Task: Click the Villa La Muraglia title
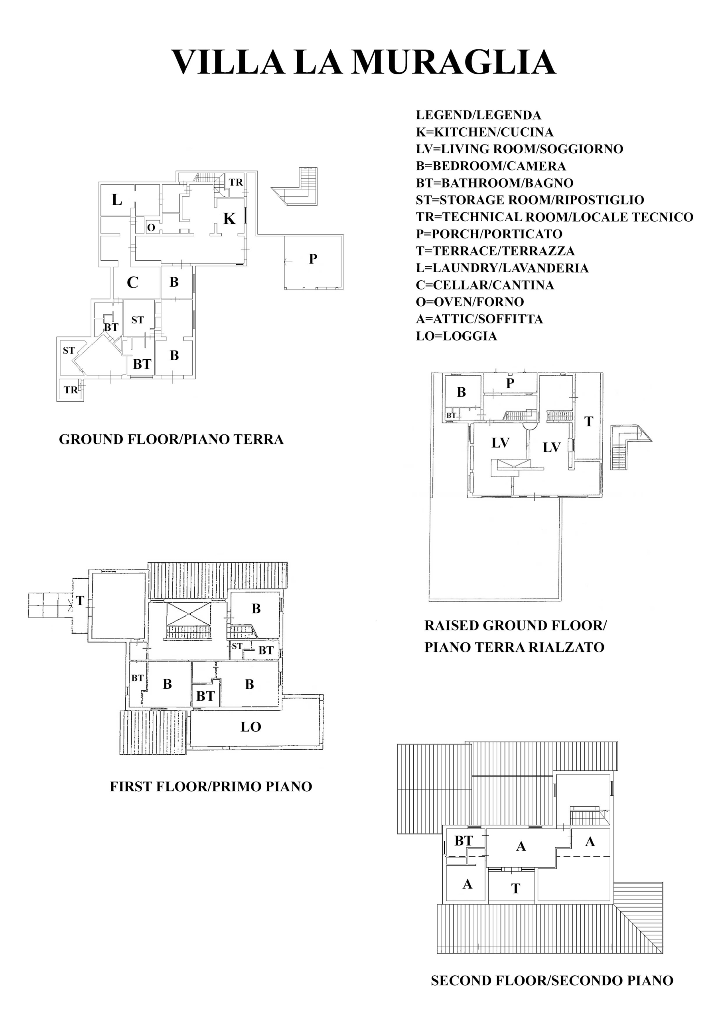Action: pyautogui.click(x=363, y=61)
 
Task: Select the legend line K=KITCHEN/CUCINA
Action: pyautogui.click(x=484, y=132)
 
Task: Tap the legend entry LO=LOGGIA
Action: pyautogui.click(x=456, y=336)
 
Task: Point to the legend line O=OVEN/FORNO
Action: pyautogui.click(x=470, y=302)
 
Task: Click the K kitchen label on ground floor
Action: pyautogui.click(x=229, y=218)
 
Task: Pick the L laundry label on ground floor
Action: pyautogui.click(x=117, y=200)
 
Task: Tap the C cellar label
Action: pyautogui.click(x=132, y=282)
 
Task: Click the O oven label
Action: pyautogui.click(x=151, y=228)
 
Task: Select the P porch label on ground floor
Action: pyautogui.click(x=313, y=259)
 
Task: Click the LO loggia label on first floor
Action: pyautogui.click(x=251, y=727)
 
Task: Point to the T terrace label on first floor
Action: pyautogui.click(x=80, y=601)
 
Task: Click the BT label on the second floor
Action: pyautogui.click(x=464, y=841)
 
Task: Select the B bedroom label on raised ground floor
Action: pyautogui.click(x=461, y=392)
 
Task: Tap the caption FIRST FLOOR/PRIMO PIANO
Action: pyautogui.click(x=211, y=786)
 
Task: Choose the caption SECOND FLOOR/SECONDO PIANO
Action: pyautogui.click(x=552, y=980)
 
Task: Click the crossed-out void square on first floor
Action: pyautogui.click(x=189, y=614)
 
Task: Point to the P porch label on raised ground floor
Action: pyautogui.click(x=510, y=383)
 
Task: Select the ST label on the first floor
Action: pyautogui.click(x=237, y=646)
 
